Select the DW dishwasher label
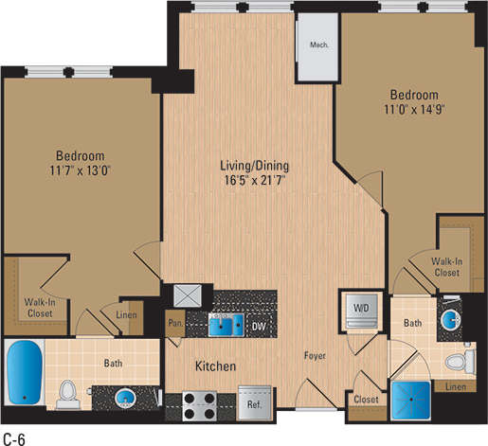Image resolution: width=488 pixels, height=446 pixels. [259, 327]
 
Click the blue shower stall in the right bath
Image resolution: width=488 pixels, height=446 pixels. [412, 401]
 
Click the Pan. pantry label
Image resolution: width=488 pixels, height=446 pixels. [174, 321]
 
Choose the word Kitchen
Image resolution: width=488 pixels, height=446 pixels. [215, 366]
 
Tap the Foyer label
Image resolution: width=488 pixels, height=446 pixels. [315, 356]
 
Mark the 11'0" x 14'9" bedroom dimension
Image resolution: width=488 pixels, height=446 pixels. [414, 109]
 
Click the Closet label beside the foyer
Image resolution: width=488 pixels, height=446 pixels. [367, 400]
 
